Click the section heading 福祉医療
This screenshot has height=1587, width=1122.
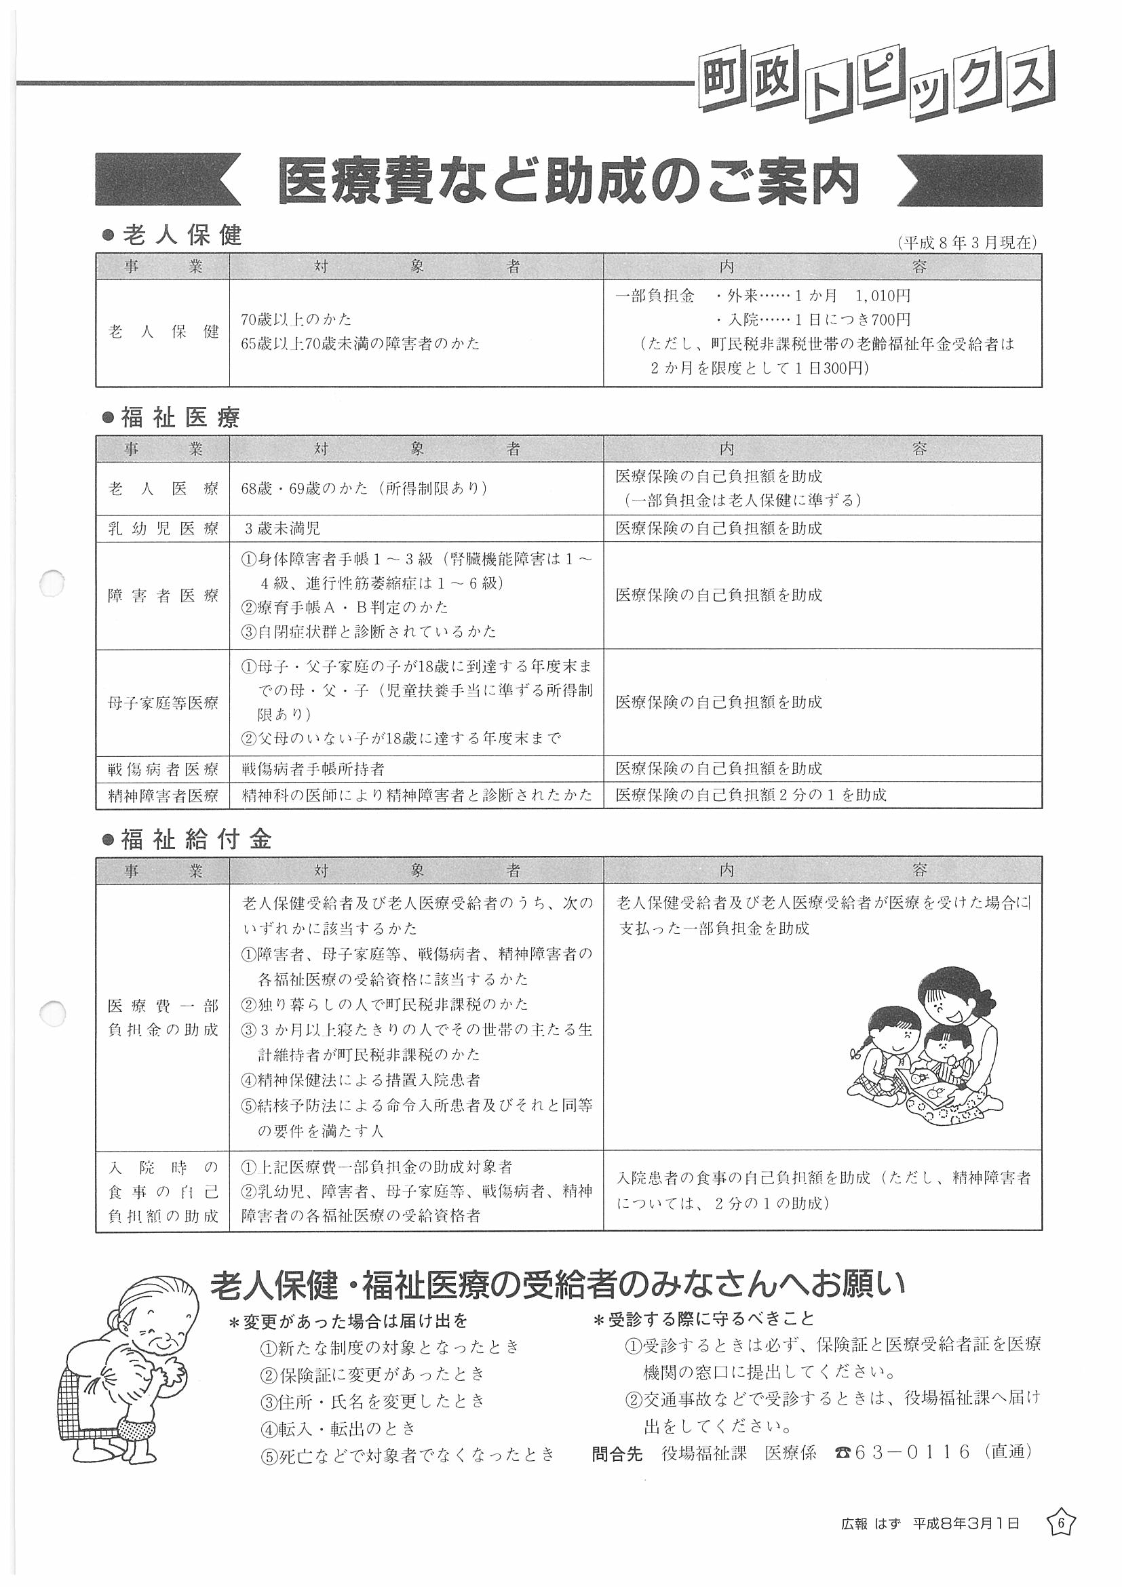point(180,418)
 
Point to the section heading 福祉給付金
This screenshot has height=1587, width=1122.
point(195,839)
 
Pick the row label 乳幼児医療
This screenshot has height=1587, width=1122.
point(163,529)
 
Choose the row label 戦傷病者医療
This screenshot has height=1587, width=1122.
point(163,768)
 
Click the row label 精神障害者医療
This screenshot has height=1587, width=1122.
point(163,796)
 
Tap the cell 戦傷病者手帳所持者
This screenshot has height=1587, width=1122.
point(313,768)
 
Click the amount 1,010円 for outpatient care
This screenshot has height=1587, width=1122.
point(883,296)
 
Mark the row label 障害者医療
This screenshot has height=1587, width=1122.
point(163,596)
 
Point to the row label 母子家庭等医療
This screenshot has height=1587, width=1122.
point(163,703)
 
